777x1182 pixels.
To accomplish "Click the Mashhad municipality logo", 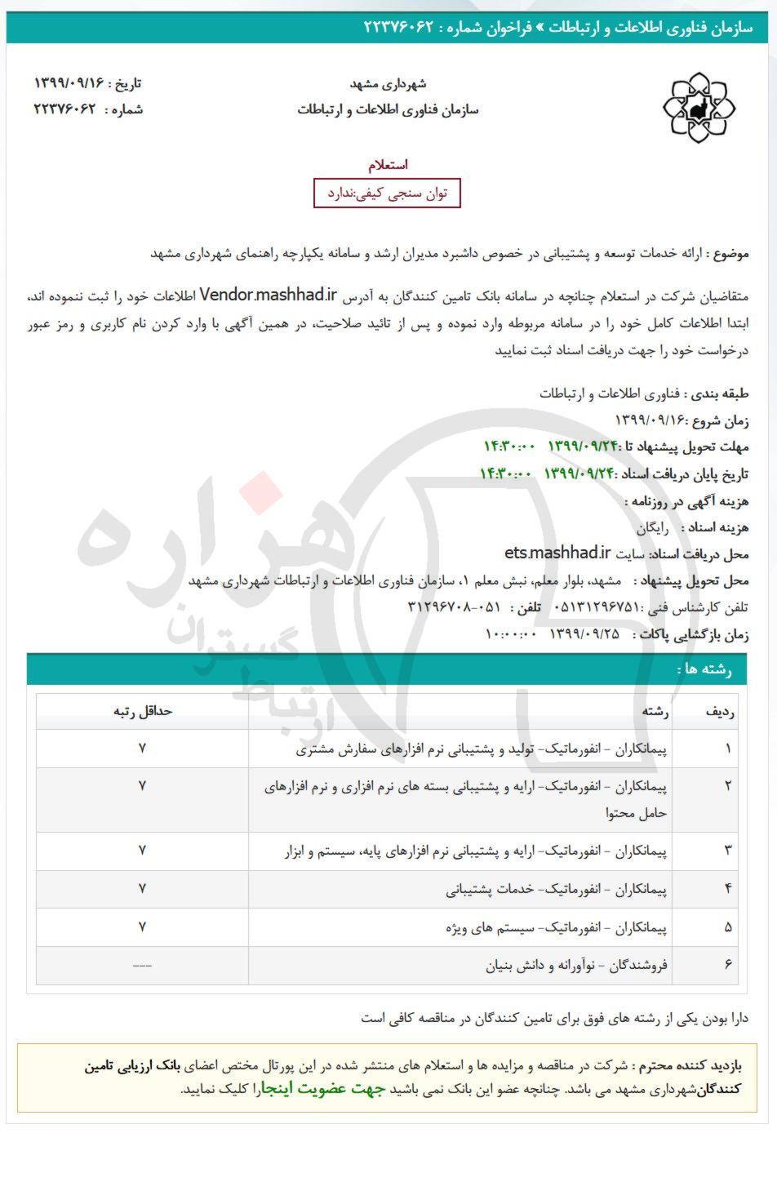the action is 699,107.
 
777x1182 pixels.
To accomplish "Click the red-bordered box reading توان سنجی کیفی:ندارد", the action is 387,193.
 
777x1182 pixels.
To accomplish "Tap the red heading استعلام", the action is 388,165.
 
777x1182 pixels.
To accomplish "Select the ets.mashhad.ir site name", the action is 557,553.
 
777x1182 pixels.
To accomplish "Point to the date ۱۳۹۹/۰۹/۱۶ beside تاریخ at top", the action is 71,83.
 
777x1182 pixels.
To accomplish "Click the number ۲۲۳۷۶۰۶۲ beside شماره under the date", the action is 65,109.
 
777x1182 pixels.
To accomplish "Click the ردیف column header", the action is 719,711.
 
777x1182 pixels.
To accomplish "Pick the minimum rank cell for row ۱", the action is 142,748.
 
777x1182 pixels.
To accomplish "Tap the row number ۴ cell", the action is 727,888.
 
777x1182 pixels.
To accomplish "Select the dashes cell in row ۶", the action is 142,966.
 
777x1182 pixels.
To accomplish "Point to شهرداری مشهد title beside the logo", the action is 388,83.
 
